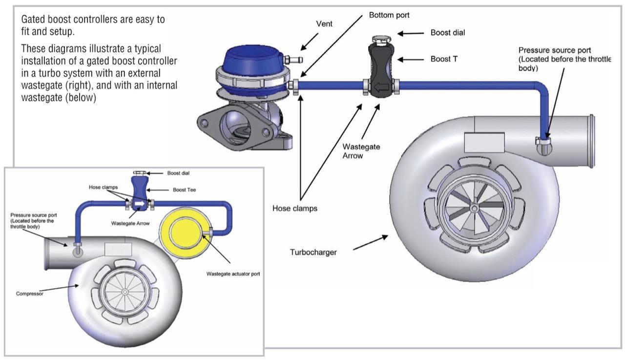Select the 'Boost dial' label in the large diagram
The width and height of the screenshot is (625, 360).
click(x=448, y=33)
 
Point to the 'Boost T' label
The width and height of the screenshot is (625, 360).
click(x=444, y=59)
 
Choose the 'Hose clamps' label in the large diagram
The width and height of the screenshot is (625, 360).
click(x=295, y=209)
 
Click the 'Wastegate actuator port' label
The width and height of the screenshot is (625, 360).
click(x=232, y=274)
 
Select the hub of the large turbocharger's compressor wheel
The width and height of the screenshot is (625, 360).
click(x=474, y=208)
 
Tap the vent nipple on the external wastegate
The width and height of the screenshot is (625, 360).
click(x=295, y=60)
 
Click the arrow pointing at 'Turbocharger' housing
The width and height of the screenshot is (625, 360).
click(x=370, y=243)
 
